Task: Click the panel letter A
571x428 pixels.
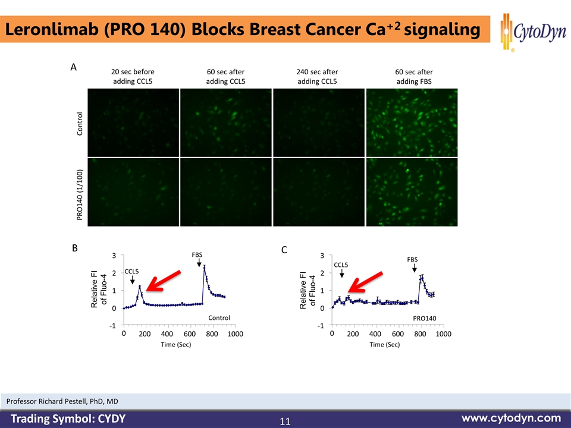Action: (73, 68)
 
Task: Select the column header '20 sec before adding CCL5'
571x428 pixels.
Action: (133, 76)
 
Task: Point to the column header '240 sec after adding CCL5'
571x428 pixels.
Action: (316, 76)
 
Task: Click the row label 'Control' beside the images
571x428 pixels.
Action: (80, 123)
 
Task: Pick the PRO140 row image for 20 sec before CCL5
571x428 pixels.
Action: (133, 192)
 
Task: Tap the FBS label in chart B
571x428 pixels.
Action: (197, 254)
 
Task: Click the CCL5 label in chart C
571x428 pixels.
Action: (341, 265)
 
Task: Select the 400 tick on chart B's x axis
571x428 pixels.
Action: (167, 334)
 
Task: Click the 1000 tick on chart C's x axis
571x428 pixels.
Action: (443, 334)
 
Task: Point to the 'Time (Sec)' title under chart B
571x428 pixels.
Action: (176, 345)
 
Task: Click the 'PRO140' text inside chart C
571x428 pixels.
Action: (425, 319)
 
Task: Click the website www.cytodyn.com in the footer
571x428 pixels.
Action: (511, 417)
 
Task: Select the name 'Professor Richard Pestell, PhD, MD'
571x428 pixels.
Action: (62, 402)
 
